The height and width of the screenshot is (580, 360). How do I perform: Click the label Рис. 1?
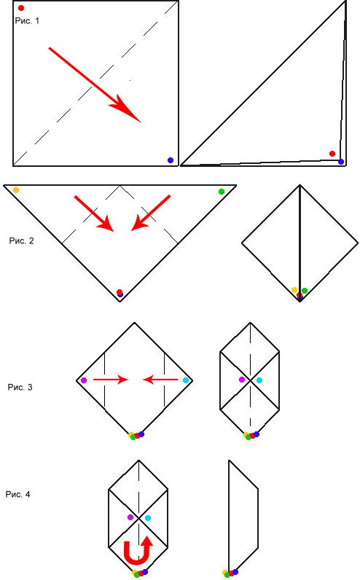tap(27, 20)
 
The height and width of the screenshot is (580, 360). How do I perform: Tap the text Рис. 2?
tap(21, 240)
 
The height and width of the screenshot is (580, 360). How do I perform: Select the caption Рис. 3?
tap(20, 388)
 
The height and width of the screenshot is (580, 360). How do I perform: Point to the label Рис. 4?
tap(17, 494)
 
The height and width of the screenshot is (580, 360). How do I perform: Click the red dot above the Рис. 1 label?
tap(21, 8)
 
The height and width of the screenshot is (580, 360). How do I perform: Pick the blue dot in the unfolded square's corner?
tap(171, 160)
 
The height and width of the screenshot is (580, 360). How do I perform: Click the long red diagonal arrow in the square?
tap(95, 85)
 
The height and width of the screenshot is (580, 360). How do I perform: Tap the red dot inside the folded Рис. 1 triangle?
tap(332, 154)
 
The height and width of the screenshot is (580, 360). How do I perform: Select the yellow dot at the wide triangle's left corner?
tap(16, 190)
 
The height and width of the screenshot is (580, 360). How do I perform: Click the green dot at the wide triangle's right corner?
tap(222, 191)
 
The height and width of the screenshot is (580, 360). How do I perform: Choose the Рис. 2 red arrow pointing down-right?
tap(94, 213)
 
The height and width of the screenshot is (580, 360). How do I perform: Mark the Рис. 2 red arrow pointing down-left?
tap(151, 213)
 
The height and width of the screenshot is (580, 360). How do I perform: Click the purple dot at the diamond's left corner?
tap(84, 380)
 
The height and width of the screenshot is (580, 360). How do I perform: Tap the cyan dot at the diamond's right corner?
tap(186, 380)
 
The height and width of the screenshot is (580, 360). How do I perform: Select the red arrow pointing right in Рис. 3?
tap(111, 379)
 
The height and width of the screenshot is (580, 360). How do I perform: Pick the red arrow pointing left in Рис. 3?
tap(160, 379)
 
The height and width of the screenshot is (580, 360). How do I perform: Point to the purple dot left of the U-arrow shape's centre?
tap(130, 517)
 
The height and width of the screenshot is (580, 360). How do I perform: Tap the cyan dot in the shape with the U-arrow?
tap(148, 518)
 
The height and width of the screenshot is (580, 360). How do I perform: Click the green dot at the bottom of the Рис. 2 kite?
tap(305, 291)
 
